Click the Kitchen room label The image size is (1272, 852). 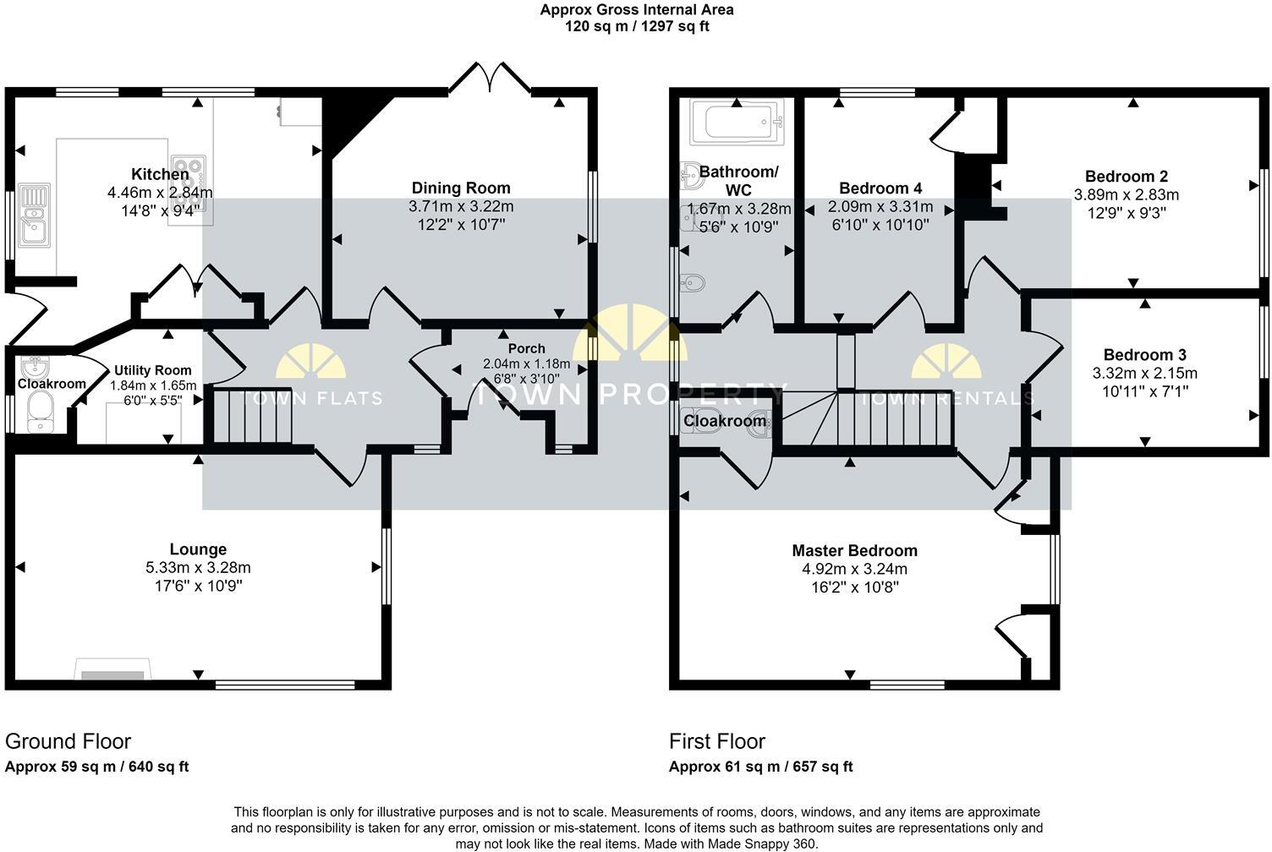(x=160, y=174)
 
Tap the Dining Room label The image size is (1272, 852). (x=461, y=188)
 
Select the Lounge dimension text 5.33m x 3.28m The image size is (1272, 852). (x=198, y=568)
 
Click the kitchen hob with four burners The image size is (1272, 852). (x=188, y=176)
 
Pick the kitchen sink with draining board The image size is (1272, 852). (x=34, y=214)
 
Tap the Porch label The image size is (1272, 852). (x=526, y=348)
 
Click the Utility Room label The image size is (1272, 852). (x=153, y=370)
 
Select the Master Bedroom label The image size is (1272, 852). (x=854, y=550)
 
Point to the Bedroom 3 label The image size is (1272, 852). (x=1144, y=355)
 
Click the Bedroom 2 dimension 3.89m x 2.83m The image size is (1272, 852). (x=1126, y=194)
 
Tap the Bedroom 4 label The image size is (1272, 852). (x=880, y=188)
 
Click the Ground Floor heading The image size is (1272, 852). (x=68, y=741)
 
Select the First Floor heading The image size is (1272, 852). (x=716, y=741)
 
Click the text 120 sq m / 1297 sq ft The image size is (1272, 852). (x=636, y=26)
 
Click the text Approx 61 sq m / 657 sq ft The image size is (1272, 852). (x=760, y=767)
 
